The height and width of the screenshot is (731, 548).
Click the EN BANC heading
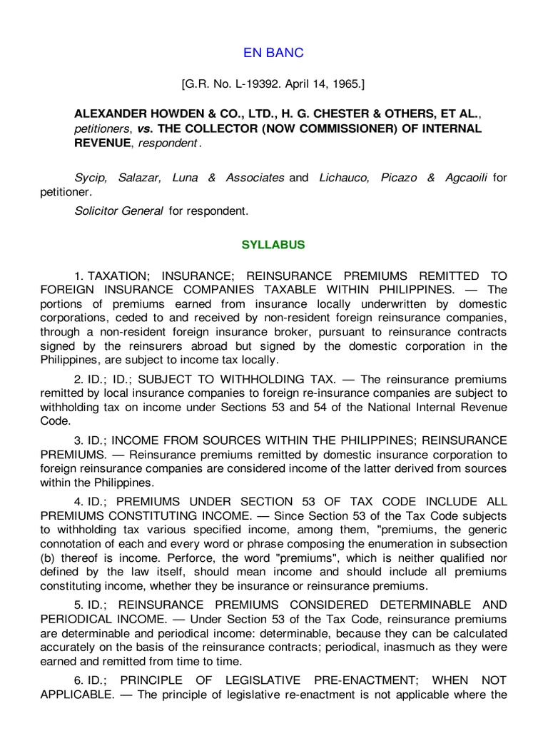click(x=274, y=53)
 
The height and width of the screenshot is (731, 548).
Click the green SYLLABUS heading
click(x=274, y=245)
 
